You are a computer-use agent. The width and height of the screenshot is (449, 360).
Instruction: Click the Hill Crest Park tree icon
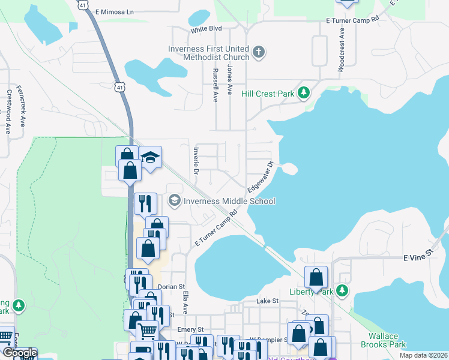(x=305, y=92)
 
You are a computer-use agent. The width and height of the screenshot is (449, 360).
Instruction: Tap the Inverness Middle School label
(x=229, y=201)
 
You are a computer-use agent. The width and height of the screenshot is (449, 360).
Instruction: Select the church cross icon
(x=259, y=53)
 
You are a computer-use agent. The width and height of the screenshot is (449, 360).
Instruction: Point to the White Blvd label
(x=206, y=29)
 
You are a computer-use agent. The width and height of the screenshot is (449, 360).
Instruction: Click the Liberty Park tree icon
(x=342, y=291)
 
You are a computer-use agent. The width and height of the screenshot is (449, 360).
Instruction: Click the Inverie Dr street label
(x=196, y=159)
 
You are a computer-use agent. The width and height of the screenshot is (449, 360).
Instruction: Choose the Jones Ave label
(x=229, y=80)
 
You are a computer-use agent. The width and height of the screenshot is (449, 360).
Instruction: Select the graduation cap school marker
(x=150, y=158)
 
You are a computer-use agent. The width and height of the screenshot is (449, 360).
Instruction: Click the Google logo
(x=19, y=353)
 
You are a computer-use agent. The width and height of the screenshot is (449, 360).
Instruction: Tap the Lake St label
(x=268, y=301)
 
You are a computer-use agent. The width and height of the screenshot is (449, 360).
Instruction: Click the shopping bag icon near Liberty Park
(x=316, y=277)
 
